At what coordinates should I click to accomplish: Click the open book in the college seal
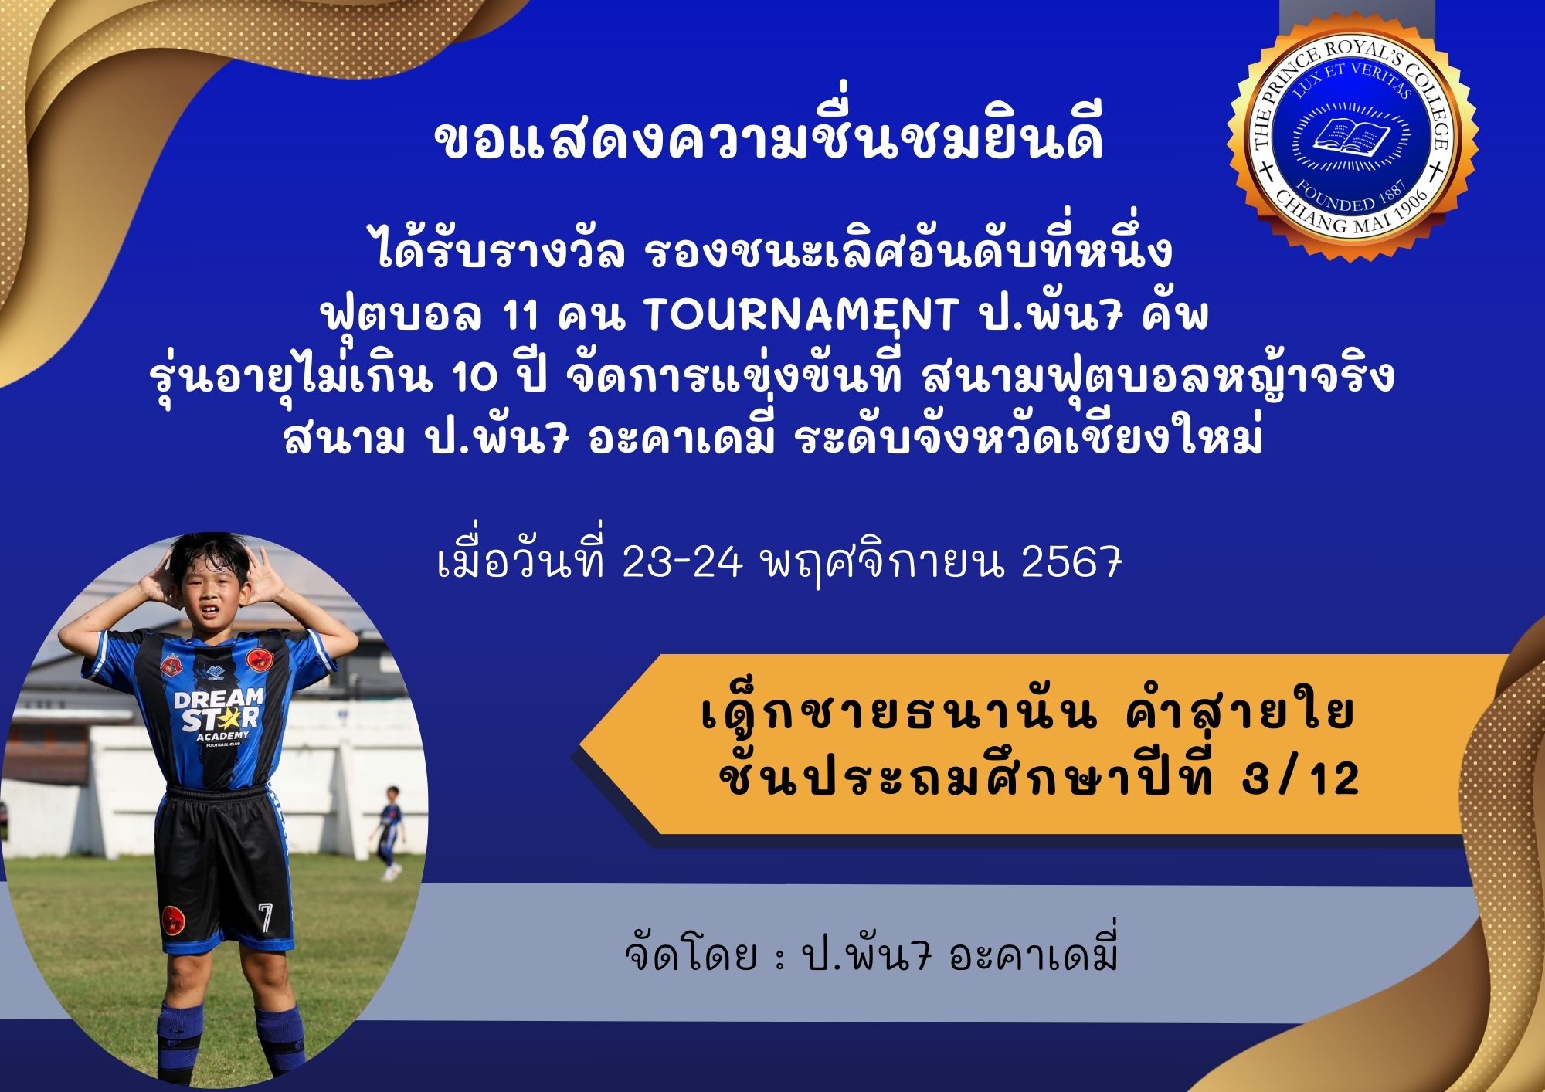point(1352,136)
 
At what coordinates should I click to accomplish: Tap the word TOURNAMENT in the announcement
point(800,314)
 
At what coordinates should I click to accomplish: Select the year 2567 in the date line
point(1071,564)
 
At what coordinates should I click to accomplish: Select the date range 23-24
point(681,564)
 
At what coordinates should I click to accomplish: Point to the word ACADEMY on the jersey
point(222,736)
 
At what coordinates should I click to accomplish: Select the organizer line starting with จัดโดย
point(871,955)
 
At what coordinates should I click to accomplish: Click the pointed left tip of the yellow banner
point(582,744)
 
